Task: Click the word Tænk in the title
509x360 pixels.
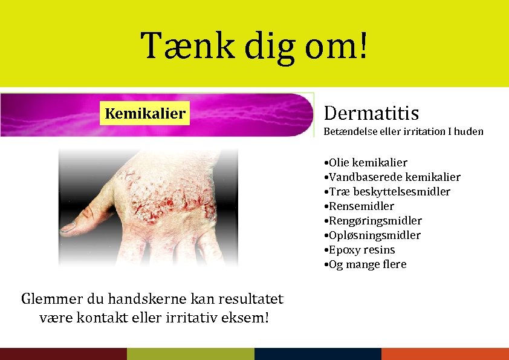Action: click(181, 46)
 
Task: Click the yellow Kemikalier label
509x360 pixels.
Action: click(145, 113)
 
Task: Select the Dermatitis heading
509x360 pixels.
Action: click(371, 113)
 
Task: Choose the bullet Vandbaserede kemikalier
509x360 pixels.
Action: click(392, 177)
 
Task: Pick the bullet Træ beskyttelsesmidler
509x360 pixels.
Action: click(387, 192)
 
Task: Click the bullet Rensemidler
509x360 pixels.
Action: click(359, 206)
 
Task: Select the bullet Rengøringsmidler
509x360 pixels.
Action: click(373, 221)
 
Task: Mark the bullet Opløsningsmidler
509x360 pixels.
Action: click(372, 235)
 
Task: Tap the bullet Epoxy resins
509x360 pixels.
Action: click(360, 250)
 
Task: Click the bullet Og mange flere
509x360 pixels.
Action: click(365, 264)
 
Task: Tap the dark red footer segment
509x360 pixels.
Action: click(63, 354)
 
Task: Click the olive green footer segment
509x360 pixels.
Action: click(190, 354)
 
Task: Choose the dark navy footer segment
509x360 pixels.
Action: click(318, 354)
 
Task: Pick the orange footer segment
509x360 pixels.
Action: click(446, 354)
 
